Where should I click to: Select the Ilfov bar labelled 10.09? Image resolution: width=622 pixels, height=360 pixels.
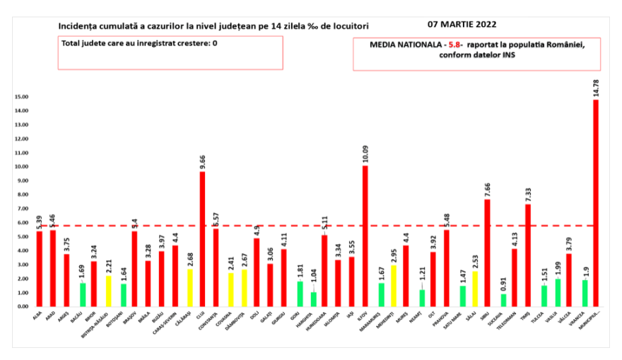[365, 236]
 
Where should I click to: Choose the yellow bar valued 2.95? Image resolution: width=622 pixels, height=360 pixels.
[392, 286]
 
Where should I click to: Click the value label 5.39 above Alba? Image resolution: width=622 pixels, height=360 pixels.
[40, 221]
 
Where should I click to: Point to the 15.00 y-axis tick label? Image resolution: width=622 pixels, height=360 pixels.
[21, 97]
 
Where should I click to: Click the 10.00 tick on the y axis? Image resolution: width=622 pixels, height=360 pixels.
[21, 167]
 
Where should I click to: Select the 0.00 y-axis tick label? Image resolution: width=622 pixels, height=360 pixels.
[23, 307]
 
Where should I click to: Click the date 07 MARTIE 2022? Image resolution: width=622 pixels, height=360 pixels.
[461, 23]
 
